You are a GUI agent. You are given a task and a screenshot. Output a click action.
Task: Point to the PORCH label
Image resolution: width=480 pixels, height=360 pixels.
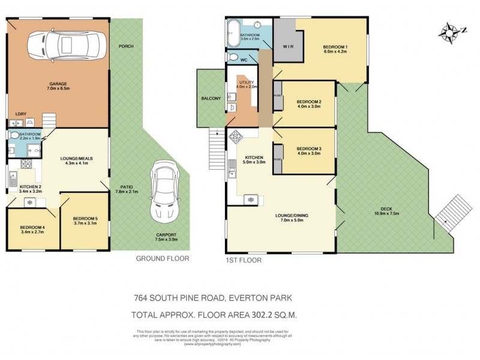(126, 46)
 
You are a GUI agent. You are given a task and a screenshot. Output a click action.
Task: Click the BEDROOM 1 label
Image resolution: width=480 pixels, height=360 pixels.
(335, 47)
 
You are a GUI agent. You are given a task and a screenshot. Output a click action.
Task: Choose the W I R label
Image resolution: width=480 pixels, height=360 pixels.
(288, 47)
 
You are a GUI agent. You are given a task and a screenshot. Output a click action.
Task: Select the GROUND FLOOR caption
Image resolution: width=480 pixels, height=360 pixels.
(162, 259)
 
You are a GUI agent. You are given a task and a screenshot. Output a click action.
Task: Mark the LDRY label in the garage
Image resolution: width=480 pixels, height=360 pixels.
(20, 113)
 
